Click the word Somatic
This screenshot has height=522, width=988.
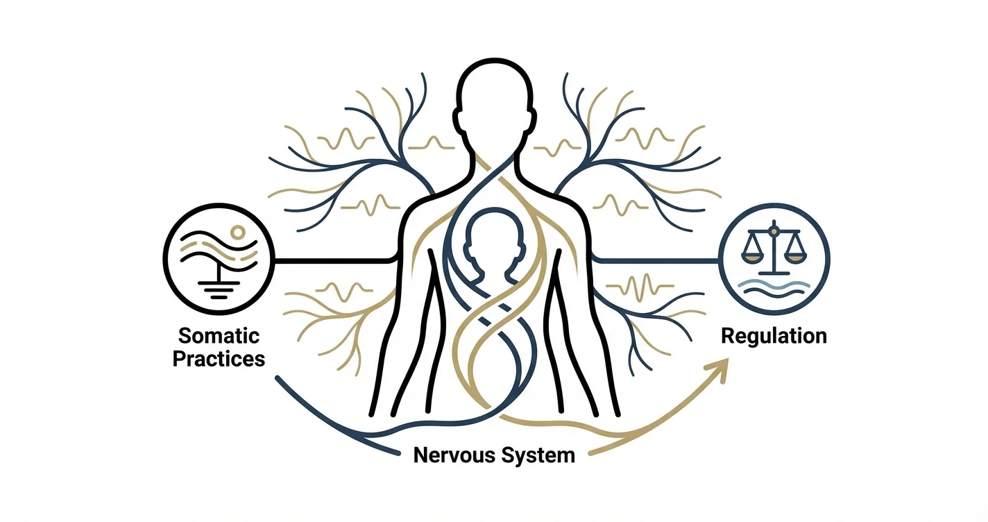tap(219, 336)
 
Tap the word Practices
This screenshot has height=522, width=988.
tap(219, 360)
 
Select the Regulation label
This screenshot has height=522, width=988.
tap(774, 336)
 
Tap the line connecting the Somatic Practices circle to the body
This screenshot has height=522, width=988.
tap(333, 261)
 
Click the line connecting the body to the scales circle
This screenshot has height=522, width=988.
tap(656, 261)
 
